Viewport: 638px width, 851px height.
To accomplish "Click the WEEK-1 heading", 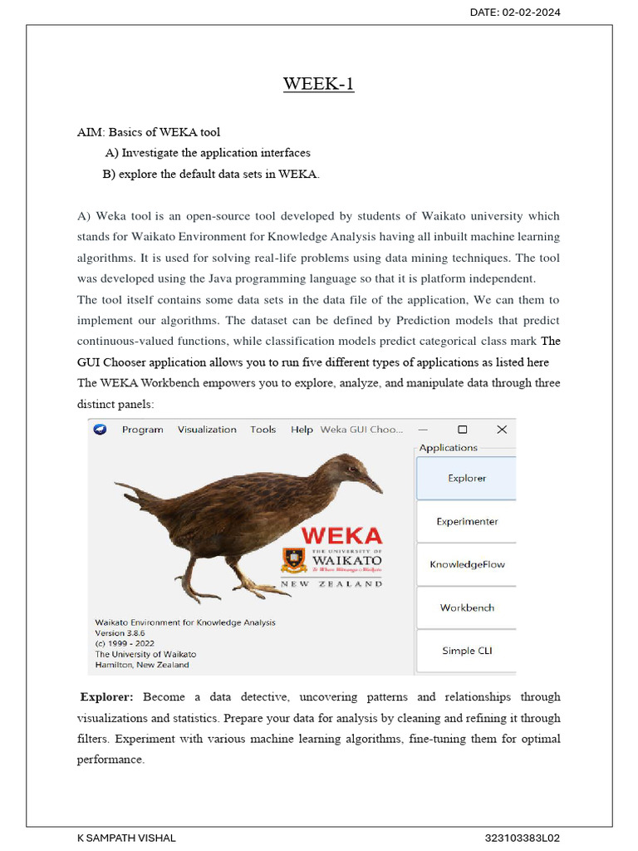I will pyautogui.click(x=318, y=84).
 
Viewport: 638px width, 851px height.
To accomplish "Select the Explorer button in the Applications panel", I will pyautogui.click(x=466, y=479).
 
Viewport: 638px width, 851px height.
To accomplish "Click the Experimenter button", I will pyautogui.click(x=466, y=522).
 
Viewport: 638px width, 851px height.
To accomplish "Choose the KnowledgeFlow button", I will pyautogui.click(x=466, y=565).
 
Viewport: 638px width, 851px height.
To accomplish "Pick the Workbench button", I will pyautogui.click(x=466, y=608).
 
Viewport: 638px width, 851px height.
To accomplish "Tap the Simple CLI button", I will pyautogui.click(x=466, y=652).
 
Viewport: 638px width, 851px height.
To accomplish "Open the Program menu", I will pyautogui.click(x=142, y=430).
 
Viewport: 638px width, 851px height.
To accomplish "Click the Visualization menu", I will pyautogui.click(x=207, y=430).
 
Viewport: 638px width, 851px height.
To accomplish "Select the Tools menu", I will pyautogui.click(x=263, y=430).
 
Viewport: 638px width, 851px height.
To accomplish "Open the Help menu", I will pyautogui.click(x=302, y=430).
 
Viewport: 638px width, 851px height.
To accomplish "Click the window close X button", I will pyautogui.click(x=502, y=430).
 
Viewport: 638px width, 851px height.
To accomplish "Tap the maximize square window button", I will pyautogui.click(x=463, y=430).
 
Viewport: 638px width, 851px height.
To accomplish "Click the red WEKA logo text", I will pyautogui.click(x=341, y=536).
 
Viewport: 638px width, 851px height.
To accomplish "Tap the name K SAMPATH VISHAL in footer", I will pyautogui.click(x=126, y=839).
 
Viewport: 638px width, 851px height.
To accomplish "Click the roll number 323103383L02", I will pyautogui.click(x=528, y=839).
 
